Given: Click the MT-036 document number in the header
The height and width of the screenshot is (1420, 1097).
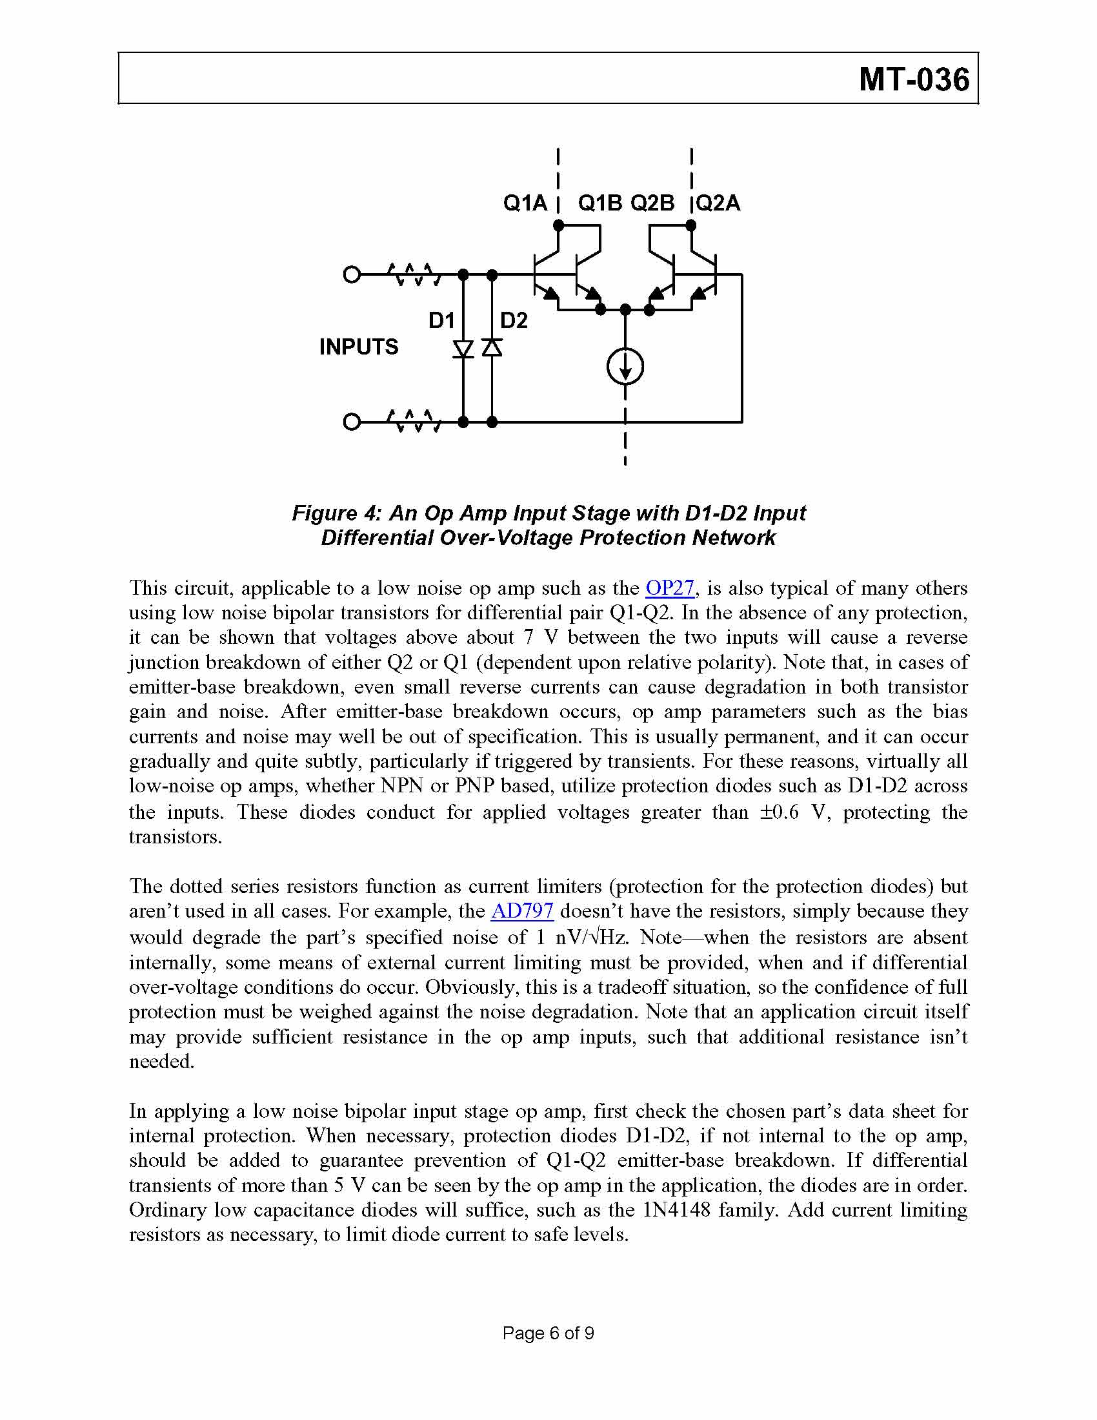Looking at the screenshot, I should tap(914, 79).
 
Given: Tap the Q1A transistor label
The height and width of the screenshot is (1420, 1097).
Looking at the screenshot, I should tap(525, 203).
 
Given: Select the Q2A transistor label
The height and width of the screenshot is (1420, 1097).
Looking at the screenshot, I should tap(718, 203).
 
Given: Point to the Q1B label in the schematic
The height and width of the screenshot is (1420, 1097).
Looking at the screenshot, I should tap(600, 203).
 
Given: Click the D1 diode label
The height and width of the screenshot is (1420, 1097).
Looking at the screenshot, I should tap(441, 320).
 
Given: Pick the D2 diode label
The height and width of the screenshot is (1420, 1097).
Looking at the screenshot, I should tap(514, 320).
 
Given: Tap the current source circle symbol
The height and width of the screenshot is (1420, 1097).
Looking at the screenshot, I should tap(625, 367).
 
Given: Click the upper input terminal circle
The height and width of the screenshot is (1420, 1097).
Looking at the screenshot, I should tap(352, 275).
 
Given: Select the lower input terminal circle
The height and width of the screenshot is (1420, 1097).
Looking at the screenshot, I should tap(352, 422).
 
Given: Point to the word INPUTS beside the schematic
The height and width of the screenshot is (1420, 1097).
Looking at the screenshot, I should tap(359, 347).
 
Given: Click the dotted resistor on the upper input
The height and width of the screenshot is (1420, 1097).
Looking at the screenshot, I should tap(415, 275).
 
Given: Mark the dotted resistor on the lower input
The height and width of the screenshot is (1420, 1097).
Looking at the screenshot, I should tap(415, 422).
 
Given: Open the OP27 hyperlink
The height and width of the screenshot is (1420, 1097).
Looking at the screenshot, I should tap(669, 588).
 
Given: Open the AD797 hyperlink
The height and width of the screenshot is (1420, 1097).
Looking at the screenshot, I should tap(522, 911).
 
